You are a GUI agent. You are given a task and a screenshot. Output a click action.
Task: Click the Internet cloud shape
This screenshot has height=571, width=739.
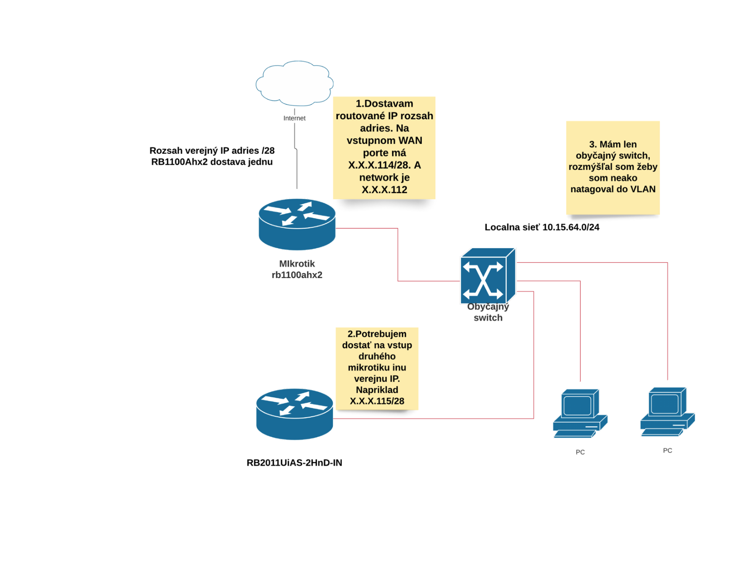pos(295,83)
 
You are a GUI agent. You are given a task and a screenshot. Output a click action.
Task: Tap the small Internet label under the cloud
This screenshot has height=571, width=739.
pos(294,118)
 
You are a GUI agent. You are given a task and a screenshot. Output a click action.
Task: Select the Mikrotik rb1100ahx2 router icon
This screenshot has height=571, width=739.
pos(297,224)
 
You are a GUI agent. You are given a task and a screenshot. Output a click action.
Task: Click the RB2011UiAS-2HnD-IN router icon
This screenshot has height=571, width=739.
pos(294,414)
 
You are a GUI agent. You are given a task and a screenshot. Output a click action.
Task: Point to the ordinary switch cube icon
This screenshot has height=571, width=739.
pos(487,276)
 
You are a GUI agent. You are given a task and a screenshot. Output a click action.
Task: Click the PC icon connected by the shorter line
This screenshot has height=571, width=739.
pos(580,413)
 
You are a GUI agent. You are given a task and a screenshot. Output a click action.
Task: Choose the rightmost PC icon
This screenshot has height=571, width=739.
pos(667,412)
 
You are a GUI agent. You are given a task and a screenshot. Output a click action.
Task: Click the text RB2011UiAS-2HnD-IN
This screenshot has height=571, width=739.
pos(294,463)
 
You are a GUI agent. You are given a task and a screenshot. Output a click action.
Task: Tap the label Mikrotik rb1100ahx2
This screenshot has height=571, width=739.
pos(297,269)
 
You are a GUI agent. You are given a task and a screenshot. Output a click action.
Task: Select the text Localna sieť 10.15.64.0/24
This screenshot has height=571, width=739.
pos(542,227)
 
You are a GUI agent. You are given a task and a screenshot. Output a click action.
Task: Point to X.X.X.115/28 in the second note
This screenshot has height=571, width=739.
pos(377,401)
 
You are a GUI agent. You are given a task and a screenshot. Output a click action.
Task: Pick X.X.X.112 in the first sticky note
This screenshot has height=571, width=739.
pos(384,190)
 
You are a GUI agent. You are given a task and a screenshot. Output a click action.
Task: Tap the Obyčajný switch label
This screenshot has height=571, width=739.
pos(488,312)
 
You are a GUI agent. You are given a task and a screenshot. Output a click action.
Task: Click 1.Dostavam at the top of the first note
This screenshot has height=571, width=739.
pos(384,104)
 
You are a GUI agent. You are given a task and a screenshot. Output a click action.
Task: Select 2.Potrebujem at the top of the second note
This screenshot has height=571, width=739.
pos(377,334)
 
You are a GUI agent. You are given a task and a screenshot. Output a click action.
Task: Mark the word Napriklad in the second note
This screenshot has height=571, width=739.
pos(377,390)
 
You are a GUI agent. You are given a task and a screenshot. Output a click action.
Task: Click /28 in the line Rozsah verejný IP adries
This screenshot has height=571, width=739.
pos(268,151)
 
